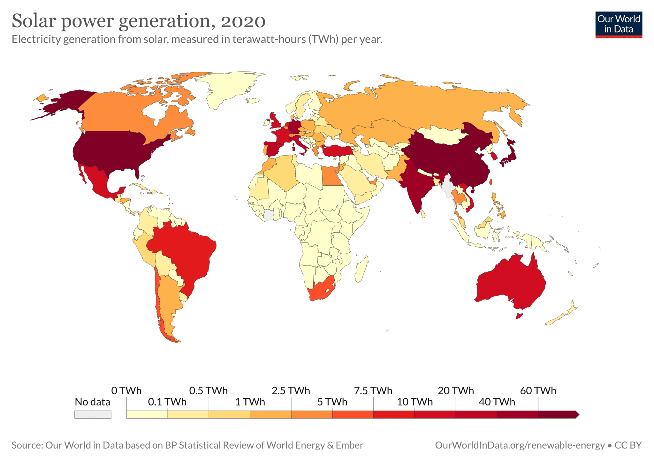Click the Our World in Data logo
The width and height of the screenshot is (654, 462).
[x=618, y=25]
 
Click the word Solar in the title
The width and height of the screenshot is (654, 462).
[x=34, y=21]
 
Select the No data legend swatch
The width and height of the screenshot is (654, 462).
[x=93, y=414]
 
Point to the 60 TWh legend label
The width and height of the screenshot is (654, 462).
[x=538, y=390]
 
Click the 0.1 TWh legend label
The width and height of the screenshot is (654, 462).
[x=167, y=402]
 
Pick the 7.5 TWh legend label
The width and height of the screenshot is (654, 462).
[x=373, y=390]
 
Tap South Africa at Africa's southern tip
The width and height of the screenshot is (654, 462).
[x=321, y=289]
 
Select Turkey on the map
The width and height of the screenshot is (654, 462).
[x=337, y=150]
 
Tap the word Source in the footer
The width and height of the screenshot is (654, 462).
[x=27, y=445]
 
